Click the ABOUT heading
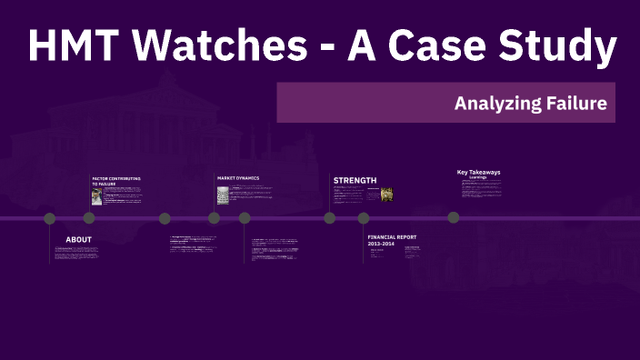(78, 240)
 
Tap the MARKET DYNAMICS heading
(238, 177)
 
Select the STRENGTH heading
(355, 180)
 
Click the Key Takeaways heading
(478, 172)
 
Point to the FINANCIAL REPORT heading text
(393, 236)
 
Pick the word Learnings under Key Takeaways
(478, 177)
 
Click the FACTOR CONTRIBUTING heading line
(116, 178)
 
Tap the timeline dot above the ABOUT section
(50, 218)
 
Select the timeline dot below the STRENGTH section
(330, 218)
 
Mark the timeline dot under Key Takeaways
(454, 218)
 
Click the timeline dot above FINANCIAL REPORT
(364, 218)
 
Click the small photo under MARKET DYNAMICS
(223, 195)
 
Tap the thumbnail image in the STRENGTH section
(386, 194)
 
